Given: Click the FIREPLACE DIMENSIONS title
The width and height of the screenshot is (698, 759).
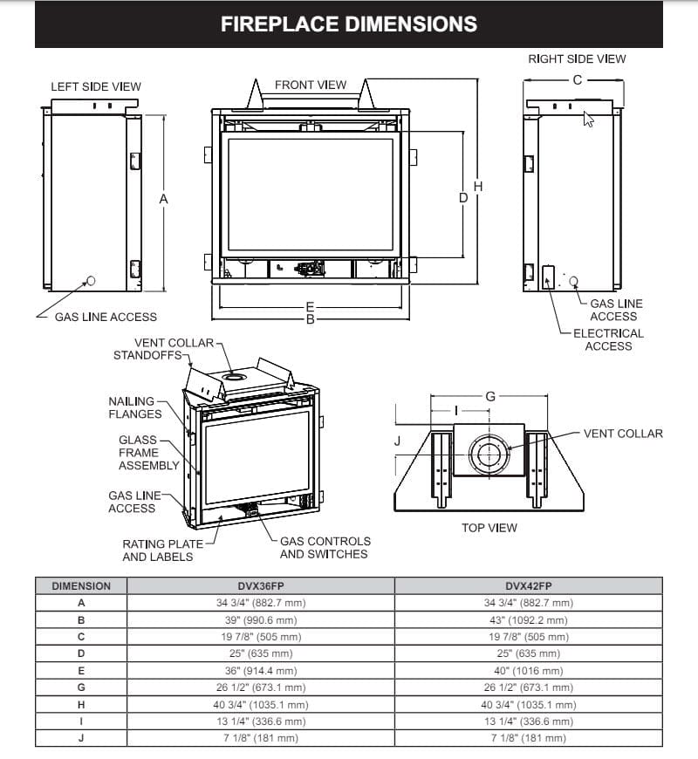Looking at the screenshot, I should click(x=348, y=24).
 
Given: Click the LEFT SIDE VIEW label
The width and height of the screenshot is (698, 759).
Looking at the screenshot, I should click(x=96, y=86).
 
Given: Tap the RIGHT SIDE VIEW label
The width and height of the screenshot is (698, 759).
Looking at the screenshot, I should click(x=577, y=59).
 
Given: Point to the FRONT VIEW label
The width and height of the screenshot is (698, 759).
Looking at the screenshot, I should click(x=311, y=85).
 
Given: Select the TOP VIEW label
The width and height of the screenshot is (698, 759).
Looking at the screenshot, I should click(x=489, y=527).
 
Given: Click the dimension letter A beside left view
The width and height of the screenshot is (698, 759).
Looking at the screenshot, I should click(x=163, y=199).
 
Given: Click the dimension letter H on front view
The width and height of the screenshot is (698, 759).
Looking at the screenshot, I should click(x=477, y=187).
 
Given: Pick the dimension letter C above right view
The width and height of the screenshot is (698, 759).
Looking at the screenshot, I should click(x=577, y=79).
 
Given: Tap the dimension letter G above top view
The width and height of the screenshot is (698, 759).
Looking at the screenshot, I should click(x=490, y=396).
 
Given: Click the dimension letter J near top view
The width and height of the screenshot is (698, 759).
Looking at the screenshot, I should click(x=397, y=441).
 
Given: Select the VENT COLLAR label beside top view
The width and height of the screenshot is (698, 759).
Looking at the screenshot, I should click(x=623, y=434).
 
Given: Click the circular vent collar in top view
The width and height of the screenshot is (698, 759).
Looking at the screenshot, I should click(x=488, y=455).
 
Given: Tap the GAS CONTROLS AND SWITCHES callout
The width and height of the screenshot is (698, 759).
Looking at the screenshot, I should click(x=325, y=547).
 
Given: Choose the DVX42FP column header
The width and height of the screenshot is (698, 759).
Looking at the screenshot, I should click(x=529, y=586).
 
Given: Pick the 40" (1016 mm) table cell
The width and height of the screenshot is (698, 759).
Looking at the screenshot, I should click(x=529, y=671).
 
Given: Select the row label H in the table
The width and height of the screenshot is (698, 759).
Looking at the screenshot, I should click(x=81, y=704).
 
